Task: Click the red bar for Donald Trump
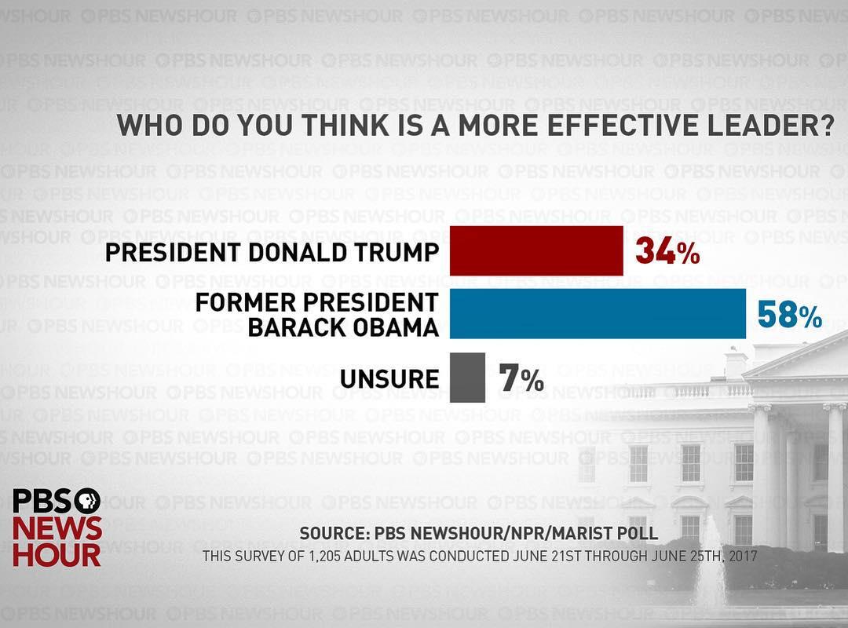(536, 251)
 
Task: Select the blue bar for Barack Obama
(598, 314)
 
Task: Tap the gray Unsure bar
(467, 378)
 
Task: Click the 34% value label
(667, 251)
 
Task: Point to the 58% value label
(789, 315)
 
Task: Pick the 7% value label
(521, 379)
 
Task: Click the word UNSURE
(389, 379)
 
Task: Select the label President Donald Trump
(272, 252)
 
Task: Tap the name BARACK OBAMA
(343, 327)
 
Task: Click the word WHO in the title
(148, 126)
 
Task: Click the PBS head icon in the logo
(87, 501)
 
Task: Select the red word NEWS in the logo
(57, 528)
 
